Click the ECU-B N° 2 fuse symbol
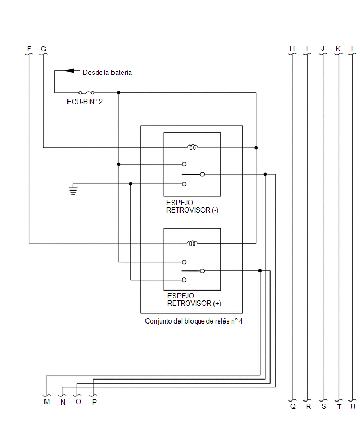tap(86, 93)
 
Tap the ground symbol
tap(73, 191)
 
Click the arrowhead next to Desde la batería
tap(69, 71)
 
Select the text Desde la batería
tap(107, 73)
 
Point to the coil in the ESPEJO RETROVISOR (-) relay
tap(193, 147)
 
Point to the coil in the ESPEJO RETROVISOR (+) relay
tap(193, 243)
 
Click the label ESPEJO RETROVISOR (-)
tap(192, 206)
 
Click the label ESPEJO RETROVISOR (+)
tap(194, 299)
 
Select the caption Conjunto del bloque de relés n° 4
tap(194, 321)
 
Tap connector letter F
tap(29, 49)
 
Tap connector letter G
tap(43, 49)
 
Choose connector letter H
tap(292, 48)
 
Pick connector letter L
tap(353, 49)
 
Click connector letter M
tap(47, 402)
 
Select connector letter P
tap(94, 402)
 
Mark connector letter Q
tap(293, 406)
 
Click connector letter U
tap(353, 407)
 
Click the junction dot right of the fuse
tap(119, 93)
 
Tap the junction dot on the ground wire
tap(130, 184)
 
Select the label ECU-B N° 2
tap(84, 102)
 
